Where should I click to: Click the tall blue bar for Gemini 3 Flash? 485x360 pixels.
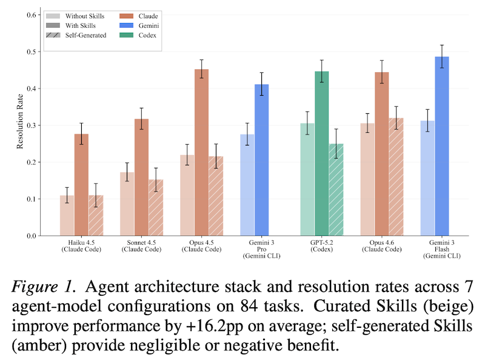coord(442,146)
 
